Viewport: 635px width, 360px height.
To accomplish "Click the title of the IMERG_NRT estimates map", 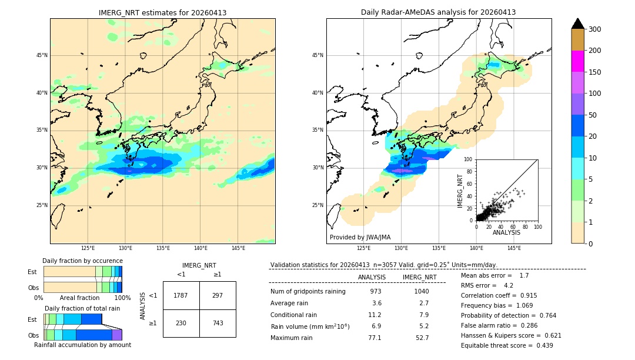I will tap(162, 12).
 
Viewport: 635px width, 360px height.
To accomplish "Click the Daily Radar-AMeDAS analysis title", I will tap(439, 12).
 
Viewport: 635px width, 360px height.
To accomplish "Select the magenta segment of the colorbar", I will tap(578, 61).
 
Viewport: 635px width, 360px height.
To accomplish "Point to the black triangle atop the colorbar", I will tap(578, 24).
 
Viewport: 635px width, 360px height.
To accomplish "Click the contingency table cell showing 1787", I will tap(181, 295).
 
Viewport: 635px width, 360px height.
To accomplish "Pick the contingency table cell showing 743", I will tap(218, 323).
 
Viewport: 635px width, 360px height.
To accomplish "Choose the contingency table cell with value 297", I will tap(218, 295).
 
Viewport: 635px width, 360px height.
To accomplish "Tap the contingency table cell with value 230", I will tap(181, 323).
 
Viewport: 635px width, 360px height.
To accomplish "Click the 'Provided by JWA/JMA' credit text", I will tap(360, 238).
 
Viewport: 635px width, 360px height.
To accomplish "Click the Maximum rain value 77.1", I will tap(375, 338).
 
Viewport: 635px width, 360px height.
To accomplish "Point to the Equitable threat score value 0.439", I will tap(540, 345).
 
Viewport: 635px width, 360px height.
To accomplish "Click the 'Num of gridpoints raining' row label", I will tap(308, 292).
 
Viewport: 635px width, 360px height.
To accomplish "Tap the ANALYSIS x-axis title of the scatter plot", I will tap(506, 232).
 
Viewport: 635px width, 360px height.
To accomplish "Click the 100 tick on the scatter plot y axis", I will tap(468, 159).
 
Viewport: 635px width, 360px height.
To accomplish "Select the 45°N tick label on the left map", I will tap(42, 55).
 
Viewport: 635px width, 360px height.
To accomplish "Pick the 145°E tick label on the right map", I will tap(514, 248).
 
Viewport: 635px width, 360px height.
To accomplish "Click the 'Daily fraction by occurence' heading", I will tap(82, 261).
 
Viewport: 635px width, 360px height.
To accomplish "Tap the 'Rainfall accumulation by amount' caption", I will tap(82, 345).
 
